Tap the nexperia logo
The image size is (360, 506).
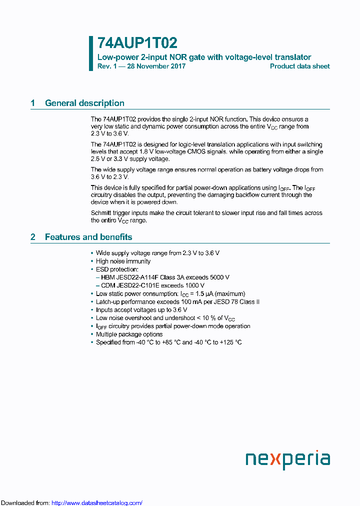[x=287, y=459]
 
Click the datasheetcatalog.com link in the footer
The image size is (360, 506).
[x=97, y=502]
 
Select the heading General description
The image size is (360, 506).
[x=84, y=103]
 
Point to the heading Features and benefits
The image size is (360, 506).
[x=88, y=237]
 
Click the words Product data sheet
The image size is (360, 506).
[x=299, y=66]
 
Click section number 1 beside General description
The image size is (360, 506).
[x=33, y=103]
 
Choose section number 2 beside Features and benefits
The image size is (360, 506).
[x=33, y=237]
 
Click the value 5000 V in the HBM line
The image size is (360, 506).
[x=220, y=277]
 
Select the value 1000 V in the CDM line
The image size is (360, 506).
[x=195, y=285]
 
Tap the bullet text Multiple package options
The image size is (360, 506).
[x=129, y=334]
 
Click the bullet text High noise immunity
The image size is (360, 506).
[x=123, y=261]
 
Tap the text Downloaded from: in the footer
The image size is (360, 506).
[x=25, y=502]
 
